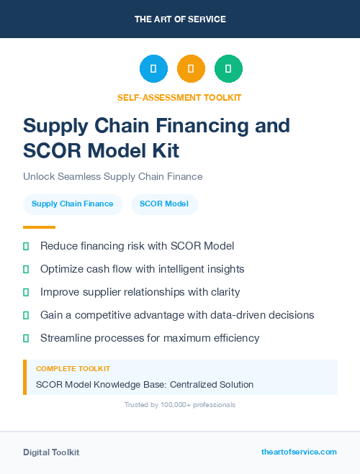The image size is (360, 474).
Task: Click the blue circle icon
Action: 153,69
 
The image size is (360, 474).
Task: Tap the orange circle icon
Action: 191,69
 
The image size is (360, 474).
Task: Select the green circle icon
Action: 228,69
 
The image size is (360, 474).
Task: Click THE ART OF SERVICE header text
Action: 180,19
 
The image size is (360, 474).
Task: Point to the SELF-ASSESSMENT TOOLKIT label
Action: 179,97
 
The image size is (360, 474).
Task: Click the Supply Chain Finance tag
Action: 72,204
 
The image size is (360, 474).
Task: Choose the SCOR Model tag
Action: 164,204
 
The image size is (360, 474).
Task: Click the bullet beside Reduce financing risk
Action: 26,246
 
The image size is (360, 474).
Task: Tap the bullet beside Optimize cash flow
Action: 26,269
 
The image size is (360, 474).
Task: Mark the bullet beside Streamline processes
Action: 26,338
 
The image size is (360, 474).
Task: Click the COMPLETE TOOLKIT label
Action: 73,368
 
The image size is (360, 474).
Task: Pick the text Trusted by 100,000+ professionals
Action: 180,405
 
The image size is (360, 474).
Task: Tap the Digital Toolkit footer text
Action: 51,452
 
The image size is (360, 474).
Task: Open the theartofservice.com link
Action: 299,452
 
